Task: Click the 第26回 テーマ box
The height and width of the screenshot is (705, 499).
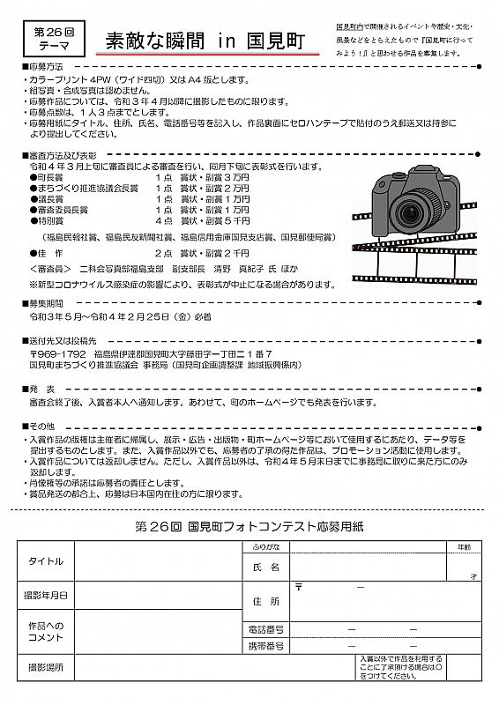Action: coord(54,39)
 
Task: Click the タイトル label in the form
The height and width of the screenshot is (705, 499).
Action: coord(45,561)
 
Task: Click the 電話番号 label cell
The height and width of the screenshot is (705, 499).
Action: coord(265,629)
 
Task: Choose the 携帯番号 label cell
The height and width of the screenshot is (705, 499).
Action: coord(265,646)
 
